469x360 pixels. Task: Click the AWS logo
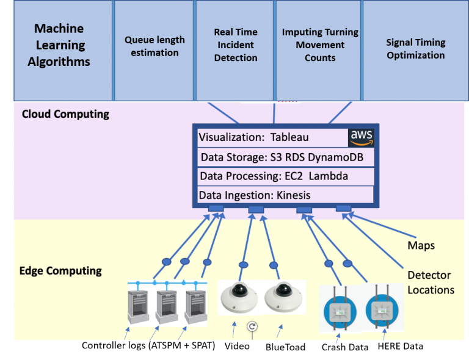pyautogui.click(x=361, y=137)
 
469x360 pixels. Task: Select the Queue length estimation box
pyautogui.click(x=155, y=50)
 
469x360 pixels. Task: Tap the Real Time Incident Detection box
pyautogui.click(x=235, y=50)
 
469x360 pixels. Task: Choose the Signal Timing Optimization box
pyautogui.click(x=415, y=50)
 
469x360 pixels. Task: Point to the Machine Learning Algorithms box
pyautogui.click(x=62, y=50)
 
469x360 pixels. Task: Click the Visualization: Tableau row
pyautogui.click(x=272, y=138)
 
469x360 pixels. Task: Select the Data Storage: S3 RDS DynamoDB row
pyautogui.click(x=286, y=157)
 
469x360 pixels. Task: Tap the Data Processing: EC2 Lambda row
pyautogui.click(x=286, y=176)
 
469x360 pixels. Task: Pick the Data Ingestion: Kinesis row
pyautogui.click(x=286, y=195)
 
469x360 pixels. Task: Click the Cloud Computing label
pyautogui.click(x=65, y=114)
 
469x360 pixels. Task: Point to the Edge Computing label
pyautogui.click(x=60, y=270)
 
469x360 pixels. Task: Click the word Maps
pyautogui.click(x=421, y=245)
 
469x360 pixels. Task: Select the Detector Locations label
pyautogui.click(x=431, y=282)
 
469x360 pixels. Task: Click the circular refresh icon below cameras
pyautogui.click(x=252, y=327)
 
